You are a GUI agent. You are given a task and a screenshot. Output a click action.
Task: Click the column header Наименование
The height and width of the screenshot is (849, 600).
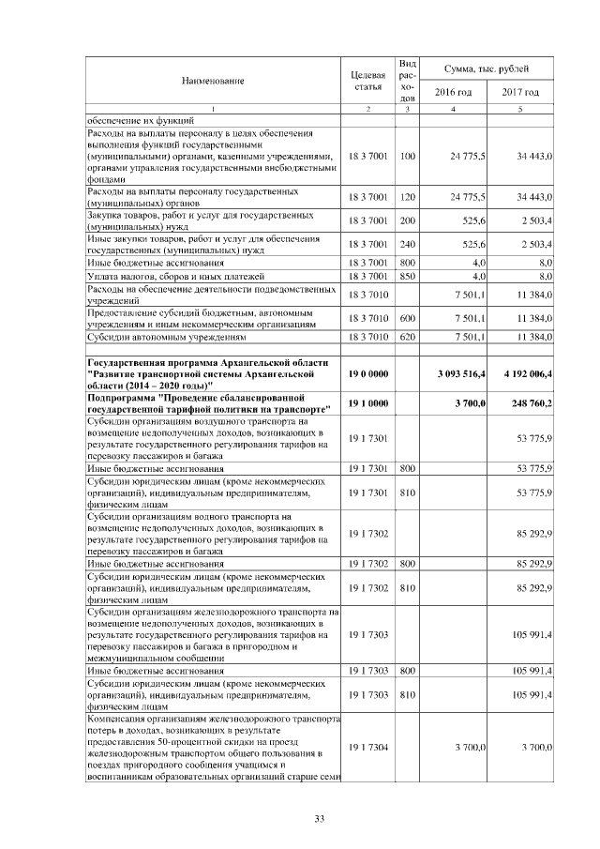(x=213, y=81)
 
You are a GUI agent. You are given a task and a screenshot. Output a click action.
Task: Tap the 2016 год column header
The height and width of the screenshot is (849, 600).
(x=454, y=92)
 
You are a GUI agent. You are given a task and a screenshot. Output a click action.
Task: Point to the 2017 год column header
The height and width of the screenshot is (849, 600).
(x=519, y=92)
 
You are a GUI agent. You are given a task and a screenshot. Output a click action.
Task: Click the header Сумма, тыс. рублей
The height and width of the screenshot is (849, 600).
(x=487, y=69)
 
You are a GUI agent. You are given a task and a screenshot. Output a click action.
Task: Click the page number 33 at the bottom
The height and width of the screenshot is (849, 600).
(x=319, y=820)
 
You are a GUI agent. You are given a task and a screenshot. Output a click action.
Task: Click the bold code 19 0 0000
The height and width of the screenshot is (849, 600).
(x=367, y=373)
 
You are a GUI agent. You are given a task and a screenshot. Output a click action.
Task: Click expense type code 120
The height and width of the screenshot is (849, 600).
(x=407, y=198)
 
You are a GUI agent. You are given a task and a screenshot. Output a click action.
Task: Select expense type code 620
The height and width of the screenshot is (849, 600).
(x=407, y=336)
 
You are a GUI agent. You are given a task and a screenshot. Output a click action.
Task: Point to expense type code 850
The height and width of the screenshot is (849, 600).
(x=407, y=277)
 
